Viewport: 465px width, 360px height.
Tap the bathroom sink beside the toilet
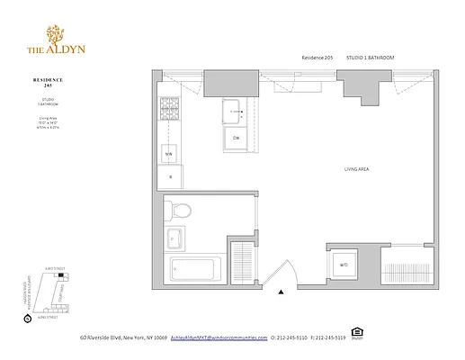(x=174, y=239)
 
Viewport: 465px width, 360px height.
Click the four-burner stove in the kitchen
(x=168, y=112)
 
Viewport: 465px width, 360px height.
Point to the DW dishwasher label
(x=236, y=139)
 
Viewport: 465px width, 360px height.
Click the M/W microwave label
(x=168, y=154)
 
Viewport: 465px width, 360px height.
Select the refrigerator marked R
(x=169, y=177)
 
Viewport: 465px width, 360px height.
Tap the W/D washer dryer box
(x=344, y=265)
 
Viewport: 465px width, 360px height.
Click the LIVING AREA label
(x=358, y=169)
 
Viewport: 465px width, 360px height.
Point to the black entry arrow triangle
(x=282, y=292)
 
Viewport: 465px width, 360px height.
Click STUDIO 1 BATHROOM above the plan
(x=371, y=57)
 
